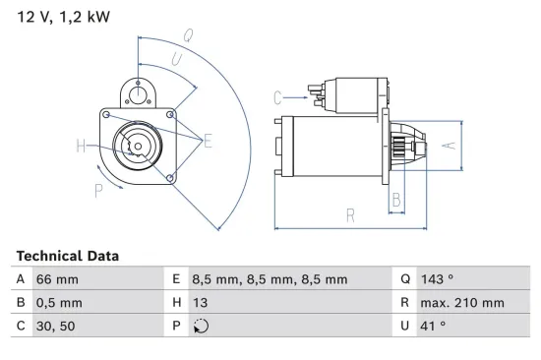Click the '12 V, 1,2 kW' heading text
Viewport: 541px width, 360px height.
(x=62, y=17)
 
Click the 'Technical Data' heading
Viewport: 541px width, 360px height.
(x=67, y=256)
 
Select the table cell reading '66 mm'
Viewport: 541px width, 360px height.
(x=57, y=279)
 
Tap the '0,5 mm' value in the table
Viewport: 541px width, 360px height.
(x=59, y=303)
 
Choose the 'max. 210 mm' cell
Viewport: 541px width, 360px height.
(x=464, y=303)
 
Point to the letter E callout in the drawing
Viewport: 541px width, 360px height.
(x=208, y=142)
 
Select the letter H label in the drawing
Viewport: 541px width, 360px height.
(x=81, y=148)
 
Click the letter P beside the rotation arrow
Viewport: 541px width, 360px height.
(x=97, y=191)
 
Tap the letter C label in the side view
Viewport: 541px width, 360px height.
(x=277, y=96)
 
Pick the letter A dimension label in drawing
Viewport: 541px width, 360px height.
(x=447, y=145)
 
